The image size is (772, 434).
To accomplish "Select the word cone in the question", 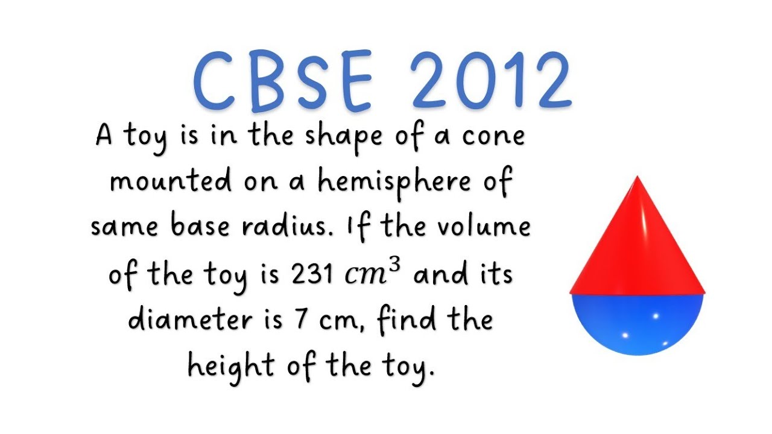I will tap(493, 136).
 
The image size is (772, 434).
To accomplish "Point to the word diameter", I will tap(192, 319).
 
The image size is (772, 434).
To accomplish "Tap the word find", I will tap(405, 319).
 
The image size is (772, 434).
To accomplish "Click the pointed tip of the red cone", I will tap(638, 178).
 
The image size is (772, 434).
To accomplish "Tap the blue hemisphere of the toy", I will tap(638, 322).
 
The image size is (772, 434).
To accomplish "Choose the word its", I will tap(496, 275).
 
